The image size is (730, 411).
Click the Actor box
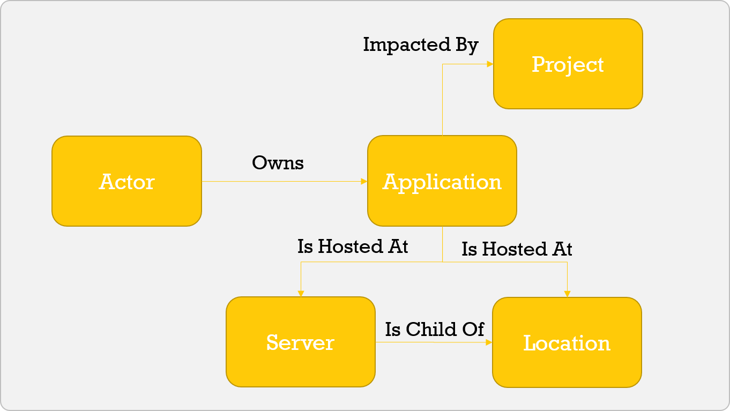(x=126, y=181)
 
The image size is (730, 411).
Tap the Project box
(x=568, y=64)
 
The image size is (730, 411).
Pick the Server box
(x=300, y=342)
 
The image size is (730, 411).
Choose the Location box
(x=567, y=342)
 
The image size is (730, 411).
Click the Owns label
(x=278, y=162)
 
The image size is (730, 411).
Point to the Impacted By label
(x=420, y=44)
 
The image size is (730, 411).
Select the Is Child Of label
(x=434, y=328)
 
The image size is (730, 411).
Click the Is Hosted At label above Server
(x=353, y=246)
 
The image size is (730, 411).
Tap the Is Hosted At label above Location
(x=517, y=249)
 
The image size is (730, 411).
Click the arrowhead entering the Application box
(x=364, y=182)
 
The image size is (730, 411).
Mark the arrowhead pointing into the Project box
(x=489, y=64)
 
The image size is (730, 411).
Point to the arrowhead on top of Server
(x=301, y=293)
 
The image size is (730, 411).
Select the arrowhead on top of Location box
(x=567, y=294)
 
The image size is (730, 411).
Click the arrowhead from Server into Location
(x=489, y=342)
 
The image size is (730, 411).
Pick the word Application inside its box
(x=442, y=182)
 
